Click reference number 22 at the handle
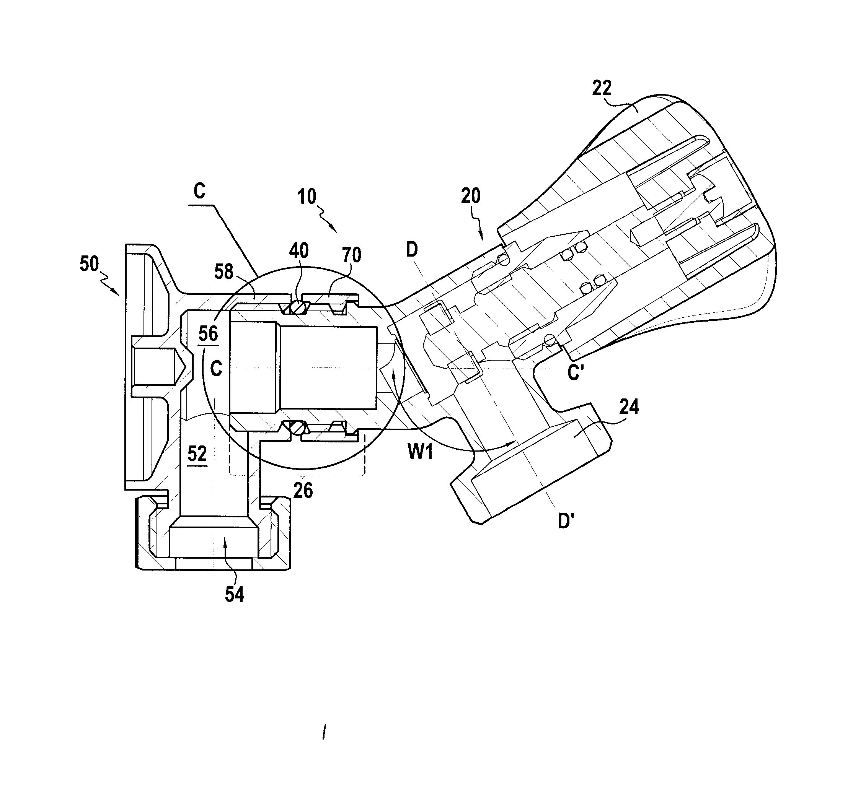602,88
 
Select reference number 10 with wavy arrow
306,197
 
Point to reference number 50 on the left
89,264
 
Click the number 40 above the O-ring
298,251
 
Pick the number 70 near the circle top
352,255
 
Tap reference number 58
223,271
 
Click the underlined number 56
208,333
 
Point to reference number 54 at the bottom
234,594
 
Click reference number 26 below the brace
303,491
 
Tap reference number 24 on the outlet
629,407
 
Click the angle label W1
420,452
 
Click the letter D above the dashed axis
412,249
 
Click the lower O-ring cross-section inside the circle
298,427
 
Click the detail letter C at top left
199,192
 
